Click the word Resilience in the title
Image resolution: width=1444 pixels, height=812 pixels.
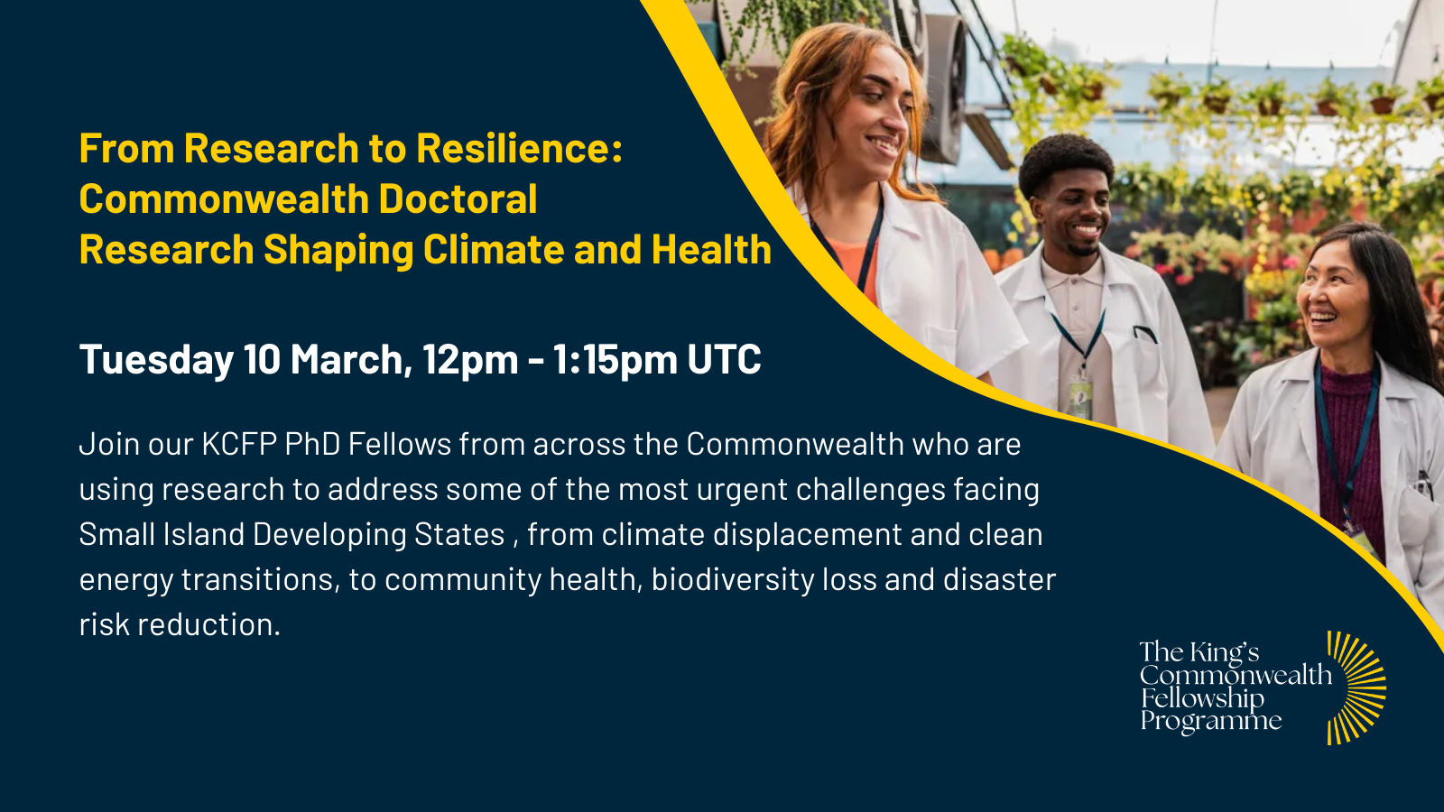tap(519, 148)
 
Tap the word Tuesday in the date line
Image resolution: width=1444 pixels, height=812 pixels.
tap(156, 360)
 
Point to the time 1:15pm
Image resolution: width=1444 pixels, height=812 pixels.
tap(615, 360)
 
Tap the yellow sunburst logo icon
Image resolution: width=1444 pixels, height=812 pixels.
tap(1356, 687)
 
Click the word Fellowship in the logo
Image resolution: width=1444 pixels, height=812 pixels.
tap(1203, 699)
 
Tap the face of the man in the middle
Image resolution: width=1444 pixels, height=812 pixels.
tap(1072, 209)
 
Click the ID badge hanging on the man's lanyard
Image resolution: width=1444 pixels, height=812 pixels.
tap(1080, 398)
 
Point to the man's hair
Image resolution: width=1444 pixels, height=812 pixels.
tap(1066, 161)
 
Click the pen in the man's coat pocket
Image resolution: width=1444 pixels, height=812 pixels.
tap(1145, 333)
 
